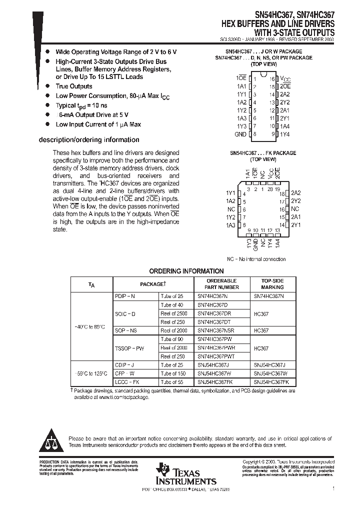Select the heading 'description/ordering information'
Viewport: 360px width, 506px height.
click(x=89, y=140)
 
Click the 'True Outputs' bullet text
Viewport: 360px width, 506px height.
click(x=74, y=86)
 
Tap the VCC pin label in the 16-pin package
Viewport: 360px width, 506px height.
click(x=284, y=79)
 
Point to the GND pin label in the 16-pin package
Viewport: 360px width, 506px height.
click(x=240, y=134)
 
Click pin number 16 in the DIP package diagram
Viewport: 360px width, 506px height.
click(x=272, y=79)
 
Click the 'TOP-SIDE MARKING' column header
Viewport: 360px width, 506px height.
click(x=272, y=284)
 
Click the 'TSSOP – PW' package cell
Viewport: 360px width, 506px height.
click(x=129, y=348)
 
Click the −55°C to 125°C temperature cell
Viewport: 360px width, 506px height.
click(x=90, y=373)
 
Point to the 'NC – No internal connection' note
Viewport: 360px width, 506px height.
click(x=256, y=259)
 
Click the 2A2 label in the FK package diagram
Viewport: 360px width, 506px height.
click(x=296, y=193)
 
